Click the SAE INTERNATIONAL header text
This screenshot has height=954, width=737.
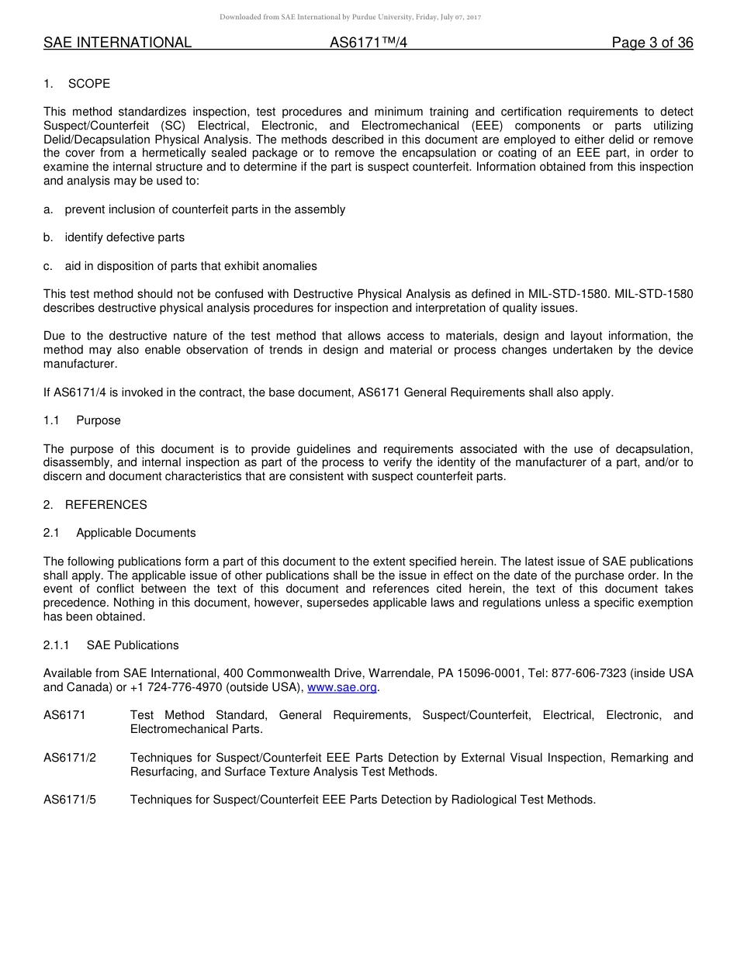117,43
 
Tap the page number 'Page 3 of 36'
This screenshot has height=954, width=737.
652,43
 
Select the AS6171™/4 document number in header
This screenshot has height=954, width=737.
368,43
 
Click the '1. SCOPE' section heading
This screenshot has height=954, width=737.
77,84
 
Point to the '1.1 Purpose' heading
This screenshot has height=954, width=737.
82,420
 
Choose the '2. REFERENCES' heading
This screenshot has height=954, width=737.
95,505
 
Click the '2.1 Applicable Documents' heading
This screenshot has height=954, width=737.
120,533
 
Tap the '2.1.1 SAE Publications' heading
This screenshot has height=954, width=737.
111,645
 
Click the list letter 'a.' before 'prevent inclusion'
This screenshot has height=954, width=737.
49,209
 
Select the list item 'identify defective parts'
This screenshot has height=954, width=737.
125,237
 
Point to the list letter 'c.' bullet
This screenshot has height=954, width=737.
49,266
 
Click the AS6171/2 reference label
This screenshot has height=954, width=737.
70,758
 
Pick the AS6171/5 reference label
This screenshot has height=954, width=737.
70,800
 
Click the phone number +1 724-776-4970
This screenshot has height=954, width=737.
175,687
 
